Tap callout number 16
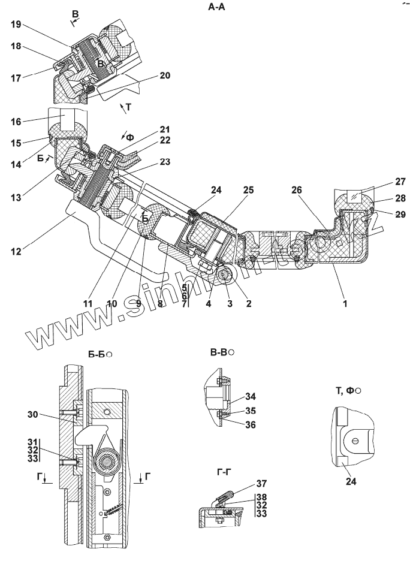(x=16, y=122)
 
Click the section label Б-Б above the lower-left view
(x=97, y=355)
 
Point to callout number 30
(x=32, y=414)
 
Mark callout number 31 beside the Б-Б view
(x=32, y=442)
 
